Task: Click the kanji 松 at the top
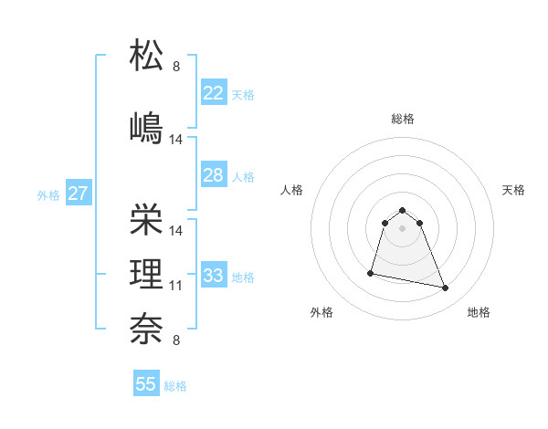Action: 147,56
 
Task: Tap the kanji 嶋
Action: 147,127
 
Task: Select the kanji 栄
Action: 147,219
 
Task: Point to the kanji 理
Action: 147,273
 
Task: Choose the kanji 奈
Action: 147,328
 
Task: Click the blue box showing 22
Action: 214,93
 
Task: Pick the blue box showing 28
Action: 214,175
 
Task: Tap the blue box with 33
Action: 214,276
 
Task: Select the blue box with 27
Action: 78,194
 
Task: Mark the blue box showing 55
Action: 146,384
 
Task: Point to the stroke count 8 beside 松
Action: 176,67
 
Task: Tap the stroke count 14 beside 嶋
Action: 176,140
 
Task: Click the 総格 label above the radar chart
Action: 403,119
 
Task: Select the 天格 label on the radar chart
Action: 513,190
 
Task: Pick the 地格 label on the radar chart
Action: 479,313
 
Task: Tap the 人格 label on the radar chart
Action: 292,190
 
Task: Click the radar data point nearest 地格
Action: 446,288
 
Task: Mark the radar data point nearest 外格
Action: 371,272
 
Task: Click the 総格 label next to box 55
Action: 175,386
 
